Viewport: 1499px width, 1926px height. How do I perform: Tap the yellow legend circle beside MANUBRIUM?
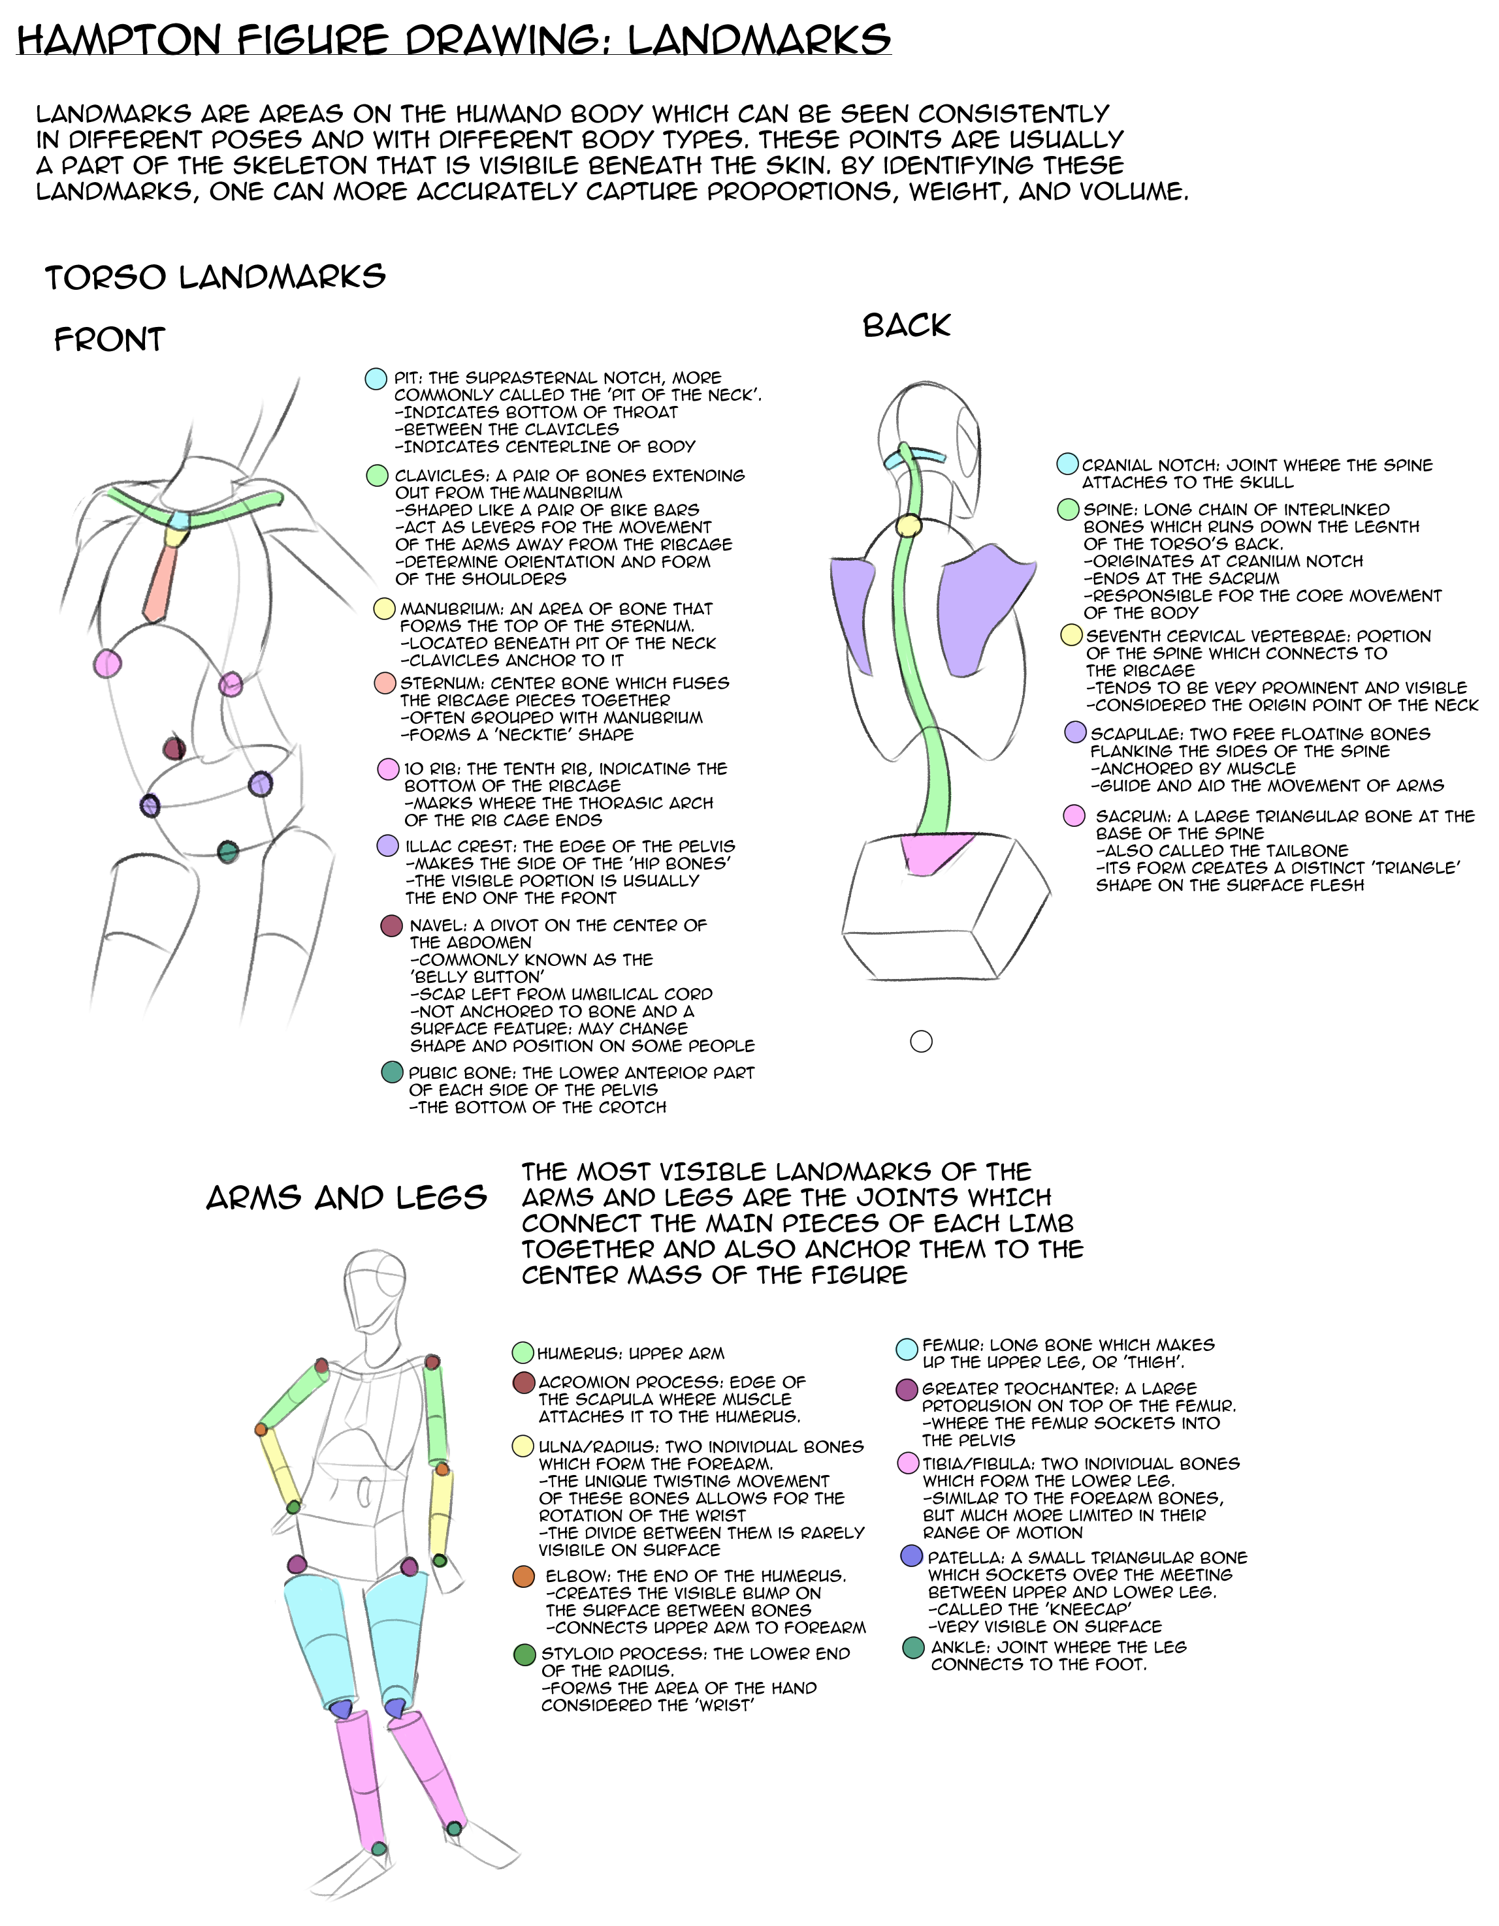385,608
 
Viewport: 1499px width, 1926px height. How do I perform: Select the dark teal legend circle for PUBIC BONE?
393,1072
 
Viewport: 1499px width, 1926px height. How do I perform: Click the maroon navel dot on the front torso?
174,749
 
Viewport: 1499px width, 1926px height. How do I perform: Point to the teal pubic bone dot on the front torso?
228,852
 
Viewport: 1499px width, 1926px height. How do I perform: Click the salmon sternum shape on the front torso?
161,582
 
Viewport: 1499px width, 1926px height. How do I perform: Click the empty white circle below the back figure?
921,1042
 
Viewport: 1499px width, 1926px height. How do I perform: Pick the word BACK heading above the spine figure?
906,326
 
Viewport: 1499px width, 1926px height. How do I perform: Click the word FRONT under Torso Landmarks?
109,339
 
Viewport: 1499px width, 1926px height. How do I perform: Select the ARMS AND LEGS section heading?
347,1198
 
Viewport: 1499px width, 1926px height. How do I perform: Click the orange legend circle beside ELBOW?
524,1577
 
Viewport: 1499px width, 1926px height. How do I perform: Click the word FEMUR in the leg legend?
951,1345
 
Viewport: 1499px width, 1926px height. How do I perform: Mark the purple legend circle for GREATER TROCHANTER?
907,1390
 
